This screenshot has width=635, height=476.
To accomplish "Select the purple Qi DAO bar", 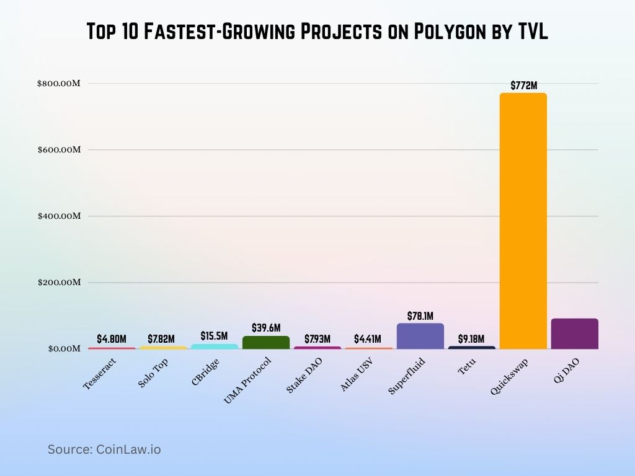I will [x=574, y=333].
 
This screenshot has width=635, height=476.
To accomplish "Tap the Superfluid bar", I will [x=420, y=336].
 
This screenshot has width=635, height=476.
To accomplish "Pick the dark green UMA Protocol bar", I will [x=266, y=342].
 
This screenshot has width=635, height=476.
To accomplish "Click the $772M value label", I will [x=523, y=86].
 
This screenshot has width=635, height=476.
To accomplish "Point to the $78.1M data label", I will [x=420, y=316].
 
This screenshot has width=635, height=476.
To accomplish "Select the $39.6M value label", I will [x=266, y=327].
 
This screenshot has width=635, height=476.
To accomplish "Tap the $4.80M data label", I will [x=112, y=339].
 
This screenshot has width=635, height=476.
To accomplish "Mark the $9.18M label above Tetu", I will [x=472, y=339].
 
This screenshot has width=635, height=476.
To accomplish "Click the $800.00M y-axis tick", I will [x=58, y=83].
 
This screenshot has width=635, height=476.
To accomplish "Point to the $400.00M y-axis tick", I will [x=58, y=216].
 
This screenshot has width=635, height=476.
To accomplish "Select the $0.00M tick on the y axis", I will [x=62, y=348].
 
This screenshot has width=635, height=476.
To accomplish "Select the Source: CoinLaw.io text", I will [x=104, y=449].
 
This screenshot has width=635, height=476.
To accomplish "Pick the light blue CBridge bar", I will [x=214, y=346].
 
